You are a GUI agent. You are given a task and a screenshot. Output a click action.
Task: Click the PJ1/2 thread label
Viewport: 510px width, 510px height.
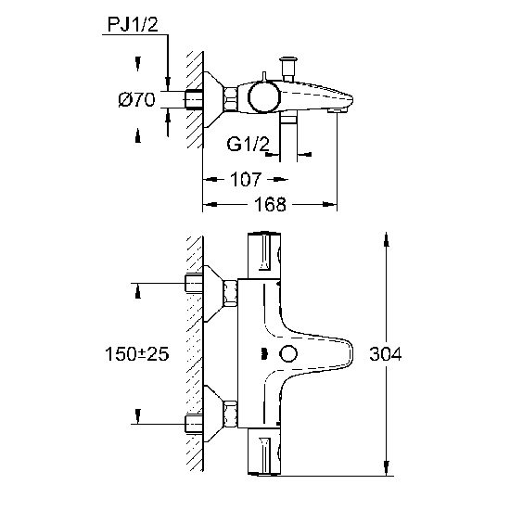(x=133, y=24)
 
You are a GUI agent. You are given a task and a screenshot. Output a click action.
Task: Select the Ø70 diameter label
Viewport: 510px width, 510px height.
(x=136, y=99)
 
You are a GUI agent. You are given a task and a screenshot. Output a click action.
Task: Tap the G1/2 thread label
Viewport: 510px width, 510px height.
(x=249, y=144)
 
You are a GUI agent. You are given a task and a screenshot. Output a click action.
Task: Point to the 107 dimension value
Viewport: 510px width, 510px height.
(x=246, y=179)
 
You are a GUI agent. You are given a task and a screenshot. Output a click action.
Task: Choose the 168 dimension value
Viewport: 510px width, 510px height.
(x=270, y=205)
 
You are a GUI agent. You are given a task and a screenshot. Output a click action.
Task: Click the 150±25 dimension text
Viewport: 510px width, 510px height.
(x=137, y=353)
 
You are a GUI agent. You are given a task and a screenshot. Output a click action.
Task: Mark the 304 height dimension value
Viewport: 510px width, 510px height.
(x=386, y=353)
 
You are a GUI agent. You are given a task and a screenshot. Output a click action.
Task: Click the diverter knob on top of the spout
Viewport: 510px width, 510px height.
(x=288, y=69)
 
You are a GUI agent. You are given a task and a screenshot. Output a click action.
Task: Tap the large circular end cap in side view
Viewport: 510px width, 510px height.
(x=264, y=96)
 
